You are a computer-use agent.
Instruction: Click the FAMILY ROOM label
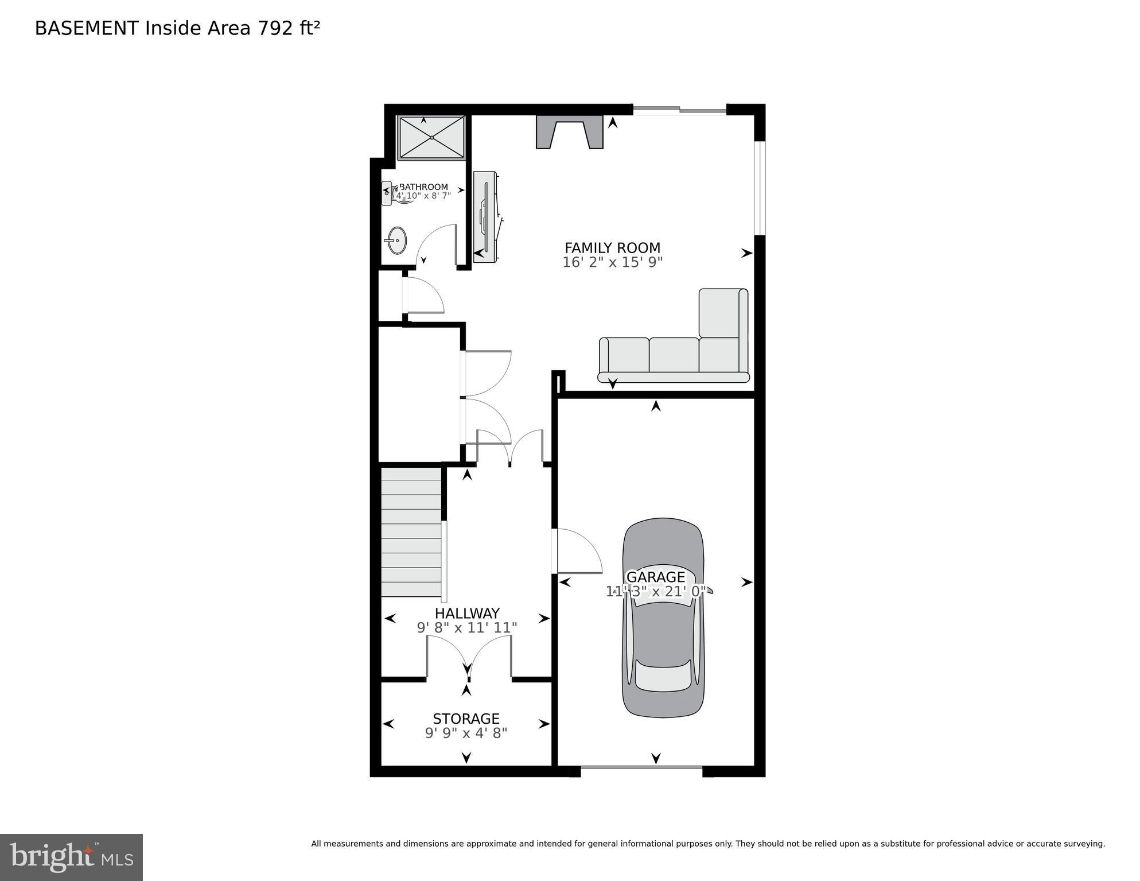point(612,248)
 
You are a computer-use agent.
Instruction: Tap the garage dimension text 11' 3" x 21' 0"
point(655,592)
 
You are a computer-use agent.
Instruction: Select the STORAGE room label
point(466,719)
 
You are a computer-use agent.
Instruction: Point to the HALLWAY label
point(466,613)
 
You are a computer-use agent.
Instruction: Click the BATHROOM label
point(423,187)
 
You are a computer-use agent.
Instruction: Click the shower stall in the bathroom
point(431,138)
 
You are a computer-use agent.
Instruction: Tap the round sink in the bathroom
point(395,240)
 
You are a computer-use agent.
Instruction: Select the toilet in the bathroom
point(391,193)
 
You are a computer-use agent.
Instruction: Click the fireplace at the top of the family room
point(569,132)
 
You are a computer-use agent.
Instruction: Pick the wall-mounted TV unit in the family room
point(485,216)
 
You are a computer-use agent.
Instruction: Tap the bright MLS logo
point(71,857)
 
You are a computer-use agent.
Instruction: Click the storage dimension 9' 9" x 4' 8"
point(466,733)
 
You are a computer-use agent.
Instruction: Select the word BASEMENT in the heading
point(87,28)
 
